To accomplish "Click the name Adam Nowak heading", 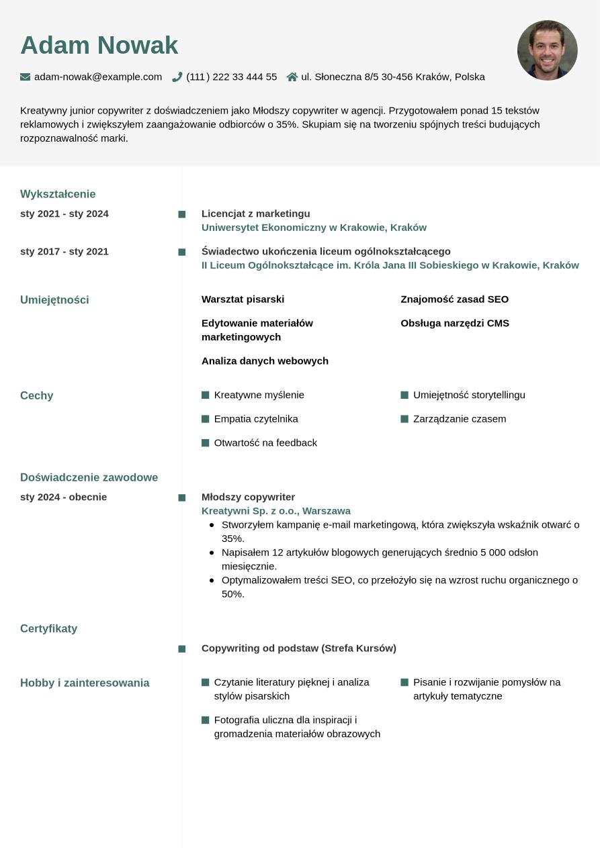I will [x=99, y=46].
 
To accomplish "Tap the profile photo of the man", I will [x=547, y=50].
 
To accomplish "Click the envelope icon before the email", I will [x=26, y=77].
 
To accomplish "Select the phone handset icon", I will [x=177, y=77].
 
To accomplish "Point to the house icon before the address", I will [x=292, y=77].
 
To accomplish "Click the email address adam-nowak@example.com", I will [x=98, y=77].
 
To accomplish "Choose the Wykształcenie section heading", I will [x=58, y=194].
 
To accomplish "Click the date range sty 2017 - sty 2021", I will [x=65, y=252].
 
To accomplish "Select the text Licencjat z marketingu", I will [x=256, y=214].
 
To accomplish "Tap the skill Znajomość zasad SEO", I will [x=454, y=299].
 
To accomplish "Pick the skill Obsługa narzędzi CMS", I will [x=455, y=324].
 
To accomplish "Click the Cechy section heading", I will [x=37, y=395].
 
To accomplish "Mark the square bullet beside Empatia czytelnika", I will [x=206, y=419].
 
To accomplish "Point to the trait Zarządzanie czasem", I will [x=460, y=419].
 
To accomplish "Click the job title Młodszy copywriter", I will [x=248, y=497].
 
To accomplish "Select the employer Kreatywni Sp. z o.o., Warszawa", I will [x=276, y=511].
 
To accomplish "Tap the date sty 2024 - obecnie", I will [x=64, y=497].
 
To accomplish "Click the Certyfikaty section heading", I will [x=49, y=628].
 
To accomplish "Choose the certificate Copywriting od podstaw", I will [x=299, y=649].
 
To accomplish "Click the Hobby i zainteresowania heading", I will [x=85, y=683].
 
